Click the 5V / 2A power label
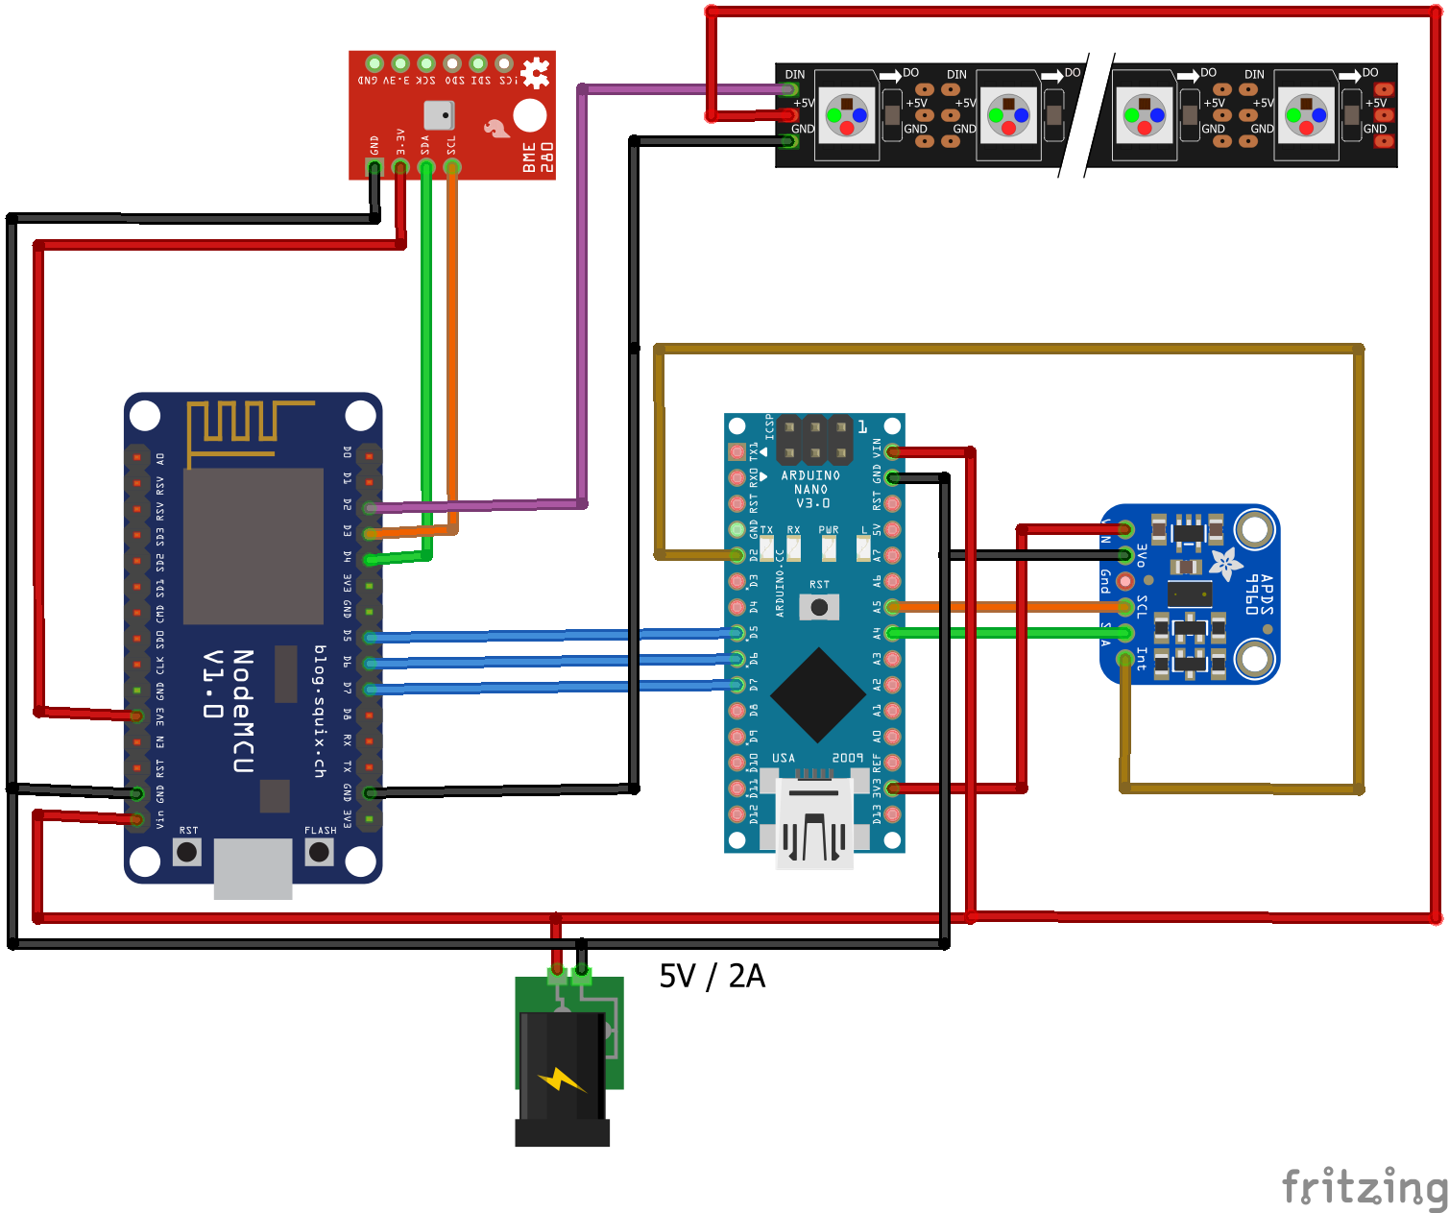712,976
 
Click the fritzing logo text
1364,1187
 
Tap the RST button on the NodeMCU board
187,852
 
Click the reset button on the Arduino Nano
819,607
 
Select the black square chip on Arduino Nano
818,694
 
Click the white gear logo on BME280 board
535,73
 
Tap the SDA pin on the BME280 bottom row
425,167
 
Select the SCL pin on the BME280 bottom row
451,167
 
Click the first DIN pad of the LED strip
790,89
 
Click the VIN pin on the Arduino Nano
892,451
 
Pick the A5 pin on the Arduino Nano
892,607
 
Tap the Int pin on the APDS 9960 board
1125,659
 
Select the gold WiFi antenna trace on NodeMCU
240,427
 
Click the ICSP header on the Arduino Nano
814,440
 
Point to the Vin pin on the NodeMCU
137,819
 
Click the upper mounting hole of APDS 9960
1254,529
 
